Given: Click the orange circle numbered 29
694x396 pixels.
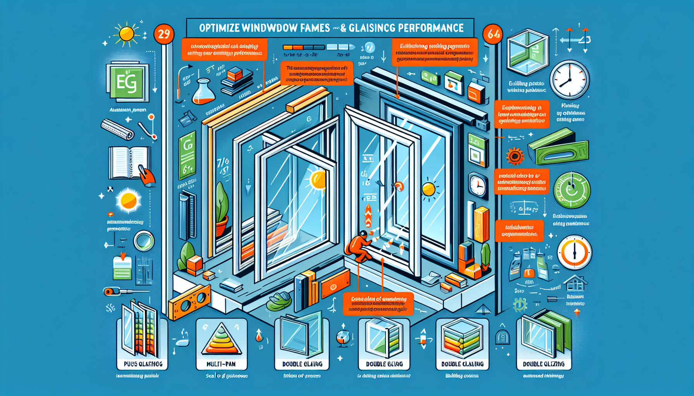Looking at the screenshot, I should (x=164, y=34).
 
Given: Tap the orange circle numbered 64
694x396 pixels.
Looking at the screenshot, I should (x=493, y=34).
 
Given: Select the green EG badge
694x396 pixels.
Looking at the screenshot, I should (x=127, y=82).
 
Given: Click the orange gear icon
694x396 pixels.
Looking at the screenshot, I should (x=515, y=156).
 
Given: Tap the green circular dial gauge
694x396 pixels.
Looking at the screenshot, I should (x=572, y=190).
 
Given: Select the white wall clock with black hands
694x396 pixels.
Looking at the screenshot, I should (x=570, y=79).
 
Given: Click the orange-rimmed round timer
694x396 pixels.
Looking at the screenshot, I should (x=574, y=252).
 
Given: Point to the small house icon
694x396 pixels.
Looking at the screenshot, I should (x=575, y=283).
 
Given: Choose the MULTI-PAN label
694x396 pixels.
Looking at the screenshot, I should (x=221, y=364).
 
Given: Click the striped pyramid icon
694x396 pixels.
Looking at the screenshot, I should (x=221, y=340).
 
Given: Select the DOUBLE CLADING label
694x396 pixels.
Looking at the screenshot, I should (x=462, y=364).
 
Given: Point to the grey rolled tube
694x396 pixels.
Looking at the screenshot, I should (x=117, y=130).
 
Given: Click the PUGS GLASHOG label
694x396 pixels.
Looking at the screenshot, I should (x=143, y=364).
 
